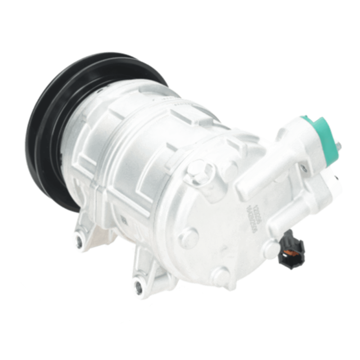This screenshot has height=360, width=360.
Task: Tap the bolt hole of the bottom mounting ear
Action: click(x=137, y=285)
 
